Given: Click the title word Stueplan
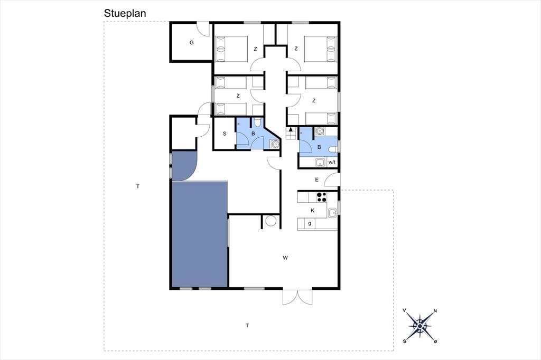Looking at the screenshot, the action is (x=125, y=13).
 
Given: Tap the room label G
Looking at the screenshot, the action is (x=191, y=43).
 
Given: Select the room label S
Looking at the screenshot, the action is (x=225, y=134).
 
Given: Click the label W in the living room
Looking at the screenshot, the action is (x=285, y=258).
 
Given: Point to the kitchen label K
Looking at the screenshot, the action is (x=313, y=210).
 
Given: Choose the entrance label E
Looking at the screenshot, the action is (x=317, y=179).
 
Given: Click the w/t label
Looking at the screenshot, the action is (x=332, y=162).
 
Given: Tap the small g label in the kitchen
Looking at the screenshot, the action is (x=310, y=223).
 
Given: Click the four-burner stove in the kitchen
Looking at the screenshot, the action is (x=322, y=197).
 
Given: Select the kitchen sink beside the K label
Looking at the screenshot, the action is (x=332, y=213).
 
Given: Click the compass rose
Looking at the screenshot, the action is (x=420, y=326).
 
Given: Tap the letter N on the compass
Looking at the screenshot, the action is (x=435, y=311).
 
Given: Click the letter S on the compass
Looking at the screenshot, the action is (x=404, y=342).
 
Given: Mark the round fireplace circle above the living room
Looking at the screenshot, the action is (x=271, y=221).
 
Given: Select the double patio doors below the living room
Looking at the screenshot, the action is (x=297, y=297).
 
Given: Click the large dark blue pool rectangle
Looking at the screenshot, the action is (x=200, y=234).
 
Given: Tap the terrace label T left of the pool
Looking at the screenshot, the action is (x=138, y=186).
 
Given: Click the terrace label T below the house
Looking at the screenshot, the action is (x=247, y=325).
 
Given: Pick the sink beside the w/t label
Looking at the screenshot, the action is (x=320, y=163).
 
